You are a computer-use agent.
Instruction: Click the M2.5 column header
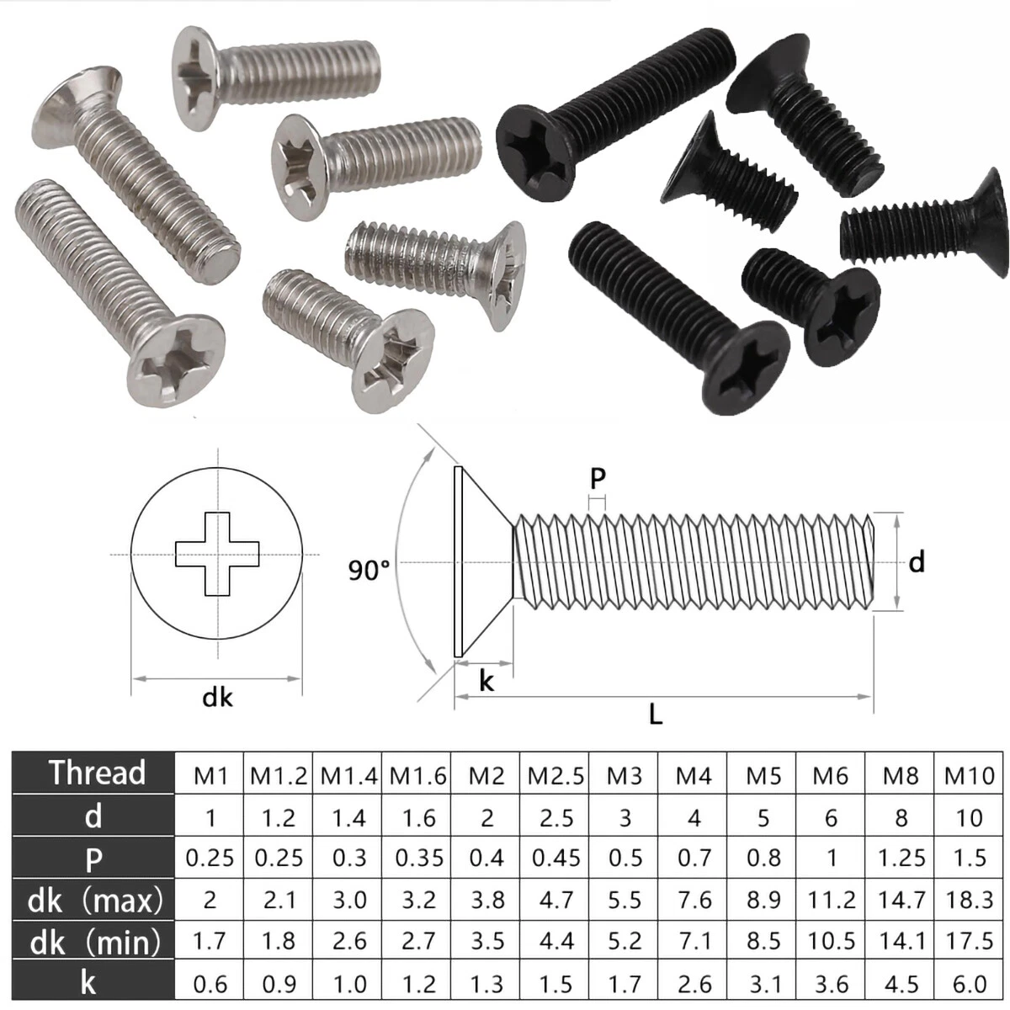click(x=555, y=775)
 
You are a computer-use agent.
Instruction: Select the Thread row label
click(x=96, y=773)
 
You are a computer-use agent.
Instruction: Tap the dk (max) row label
click(x=94, y=901)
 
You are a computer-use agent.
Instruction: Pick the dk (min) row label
click(x=94, y=942)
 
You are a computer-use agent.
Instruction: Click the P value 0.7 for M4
click(x=694, y=858)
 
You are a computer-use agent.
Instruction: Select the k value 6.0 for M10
click(x=970, y=983)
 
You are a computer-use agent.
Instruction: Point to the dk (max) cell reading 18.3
click(x=970, y=900)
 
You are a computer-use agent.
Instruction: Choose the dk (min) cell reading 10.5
click(x=832, y=941)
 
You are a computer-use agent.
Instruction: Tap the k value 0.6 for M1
click(x=210, y=983)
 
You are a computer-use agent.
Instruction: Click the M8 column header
click(x=901, y=775)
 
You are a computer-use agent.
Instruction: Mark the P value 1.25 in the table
click(x=901, y=858)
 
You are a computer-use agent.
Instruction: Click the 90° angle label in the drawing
click(x=369, y=570)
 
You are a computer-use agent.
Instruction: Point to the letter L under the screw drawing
click(x=656, y=715)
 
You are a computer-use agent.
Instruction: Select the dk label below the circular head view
click(x=217, y=697)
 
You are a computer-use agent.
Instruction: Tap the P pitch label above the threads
click(x=598, y=478)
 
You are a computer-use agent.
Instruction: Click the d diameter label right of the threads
click(x=917, y=561)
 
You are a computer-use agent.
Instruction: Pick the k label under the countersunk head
click(x=486, y=680)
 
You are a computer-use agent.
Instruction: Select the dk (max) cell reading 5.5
click(x=625, y=900)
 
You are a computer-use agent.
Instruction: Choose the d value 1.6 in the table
click(x=418, y=817)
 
